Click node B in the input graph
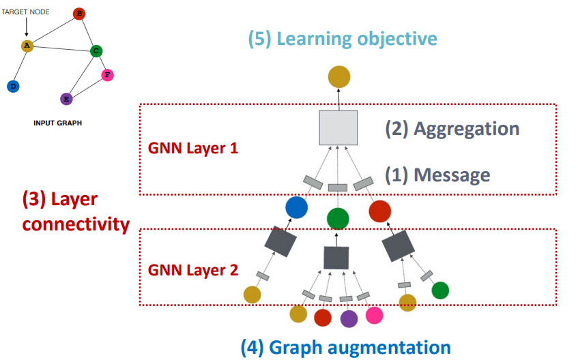click(x=79, y=14)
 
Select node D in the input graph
click(x=13, y=86)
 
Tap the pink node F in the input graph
click(x=107, y=75)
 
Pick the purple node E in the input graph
click(x=66, y=99)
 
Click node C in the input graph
click(x=96, y=51)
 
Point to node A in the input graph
click(x=27, y=46)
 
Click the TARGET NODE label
click(x=25, y=12)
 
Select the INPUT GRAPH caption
click(x=58, y=123)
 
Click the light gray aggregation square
click(x=338, y=127)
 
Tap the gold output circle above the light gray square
click(x=339, y=76)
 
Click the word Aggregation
click(x=467, y=130)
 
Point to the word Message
click(x=452, y=175)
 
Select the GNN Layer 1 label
click(x=193, y=148)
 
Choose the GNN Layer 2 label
click(x=193, y=270)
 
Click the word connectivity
click(x=76, y=224)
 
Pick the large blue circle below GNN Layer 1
click(x=296, y=207)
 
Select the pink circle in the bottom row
click(x=374, y=316)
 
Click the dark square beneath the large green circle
click(x=336, y=258)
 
